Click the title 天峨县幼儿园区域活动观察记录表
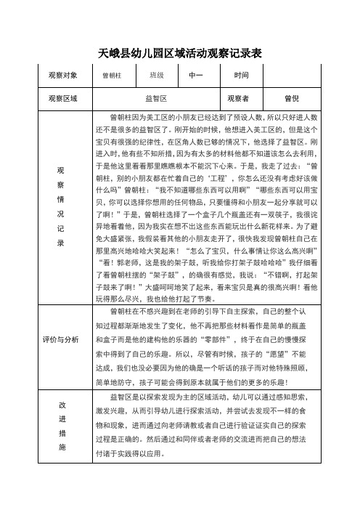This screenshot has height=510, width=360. pyautogui.click(x=179, y=53)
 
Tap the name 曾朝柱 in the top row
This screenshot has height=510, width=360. pyautogui.click(x=112, y=76)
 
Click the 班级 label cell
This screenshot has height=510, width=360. pyautogui.click(x=157, y=76)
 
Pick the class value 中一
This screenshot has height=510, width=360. pyautogui.click(x=195, y=76)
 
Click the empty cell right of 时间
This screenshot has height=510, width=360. pyautogui.click(x=295, y=76)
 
